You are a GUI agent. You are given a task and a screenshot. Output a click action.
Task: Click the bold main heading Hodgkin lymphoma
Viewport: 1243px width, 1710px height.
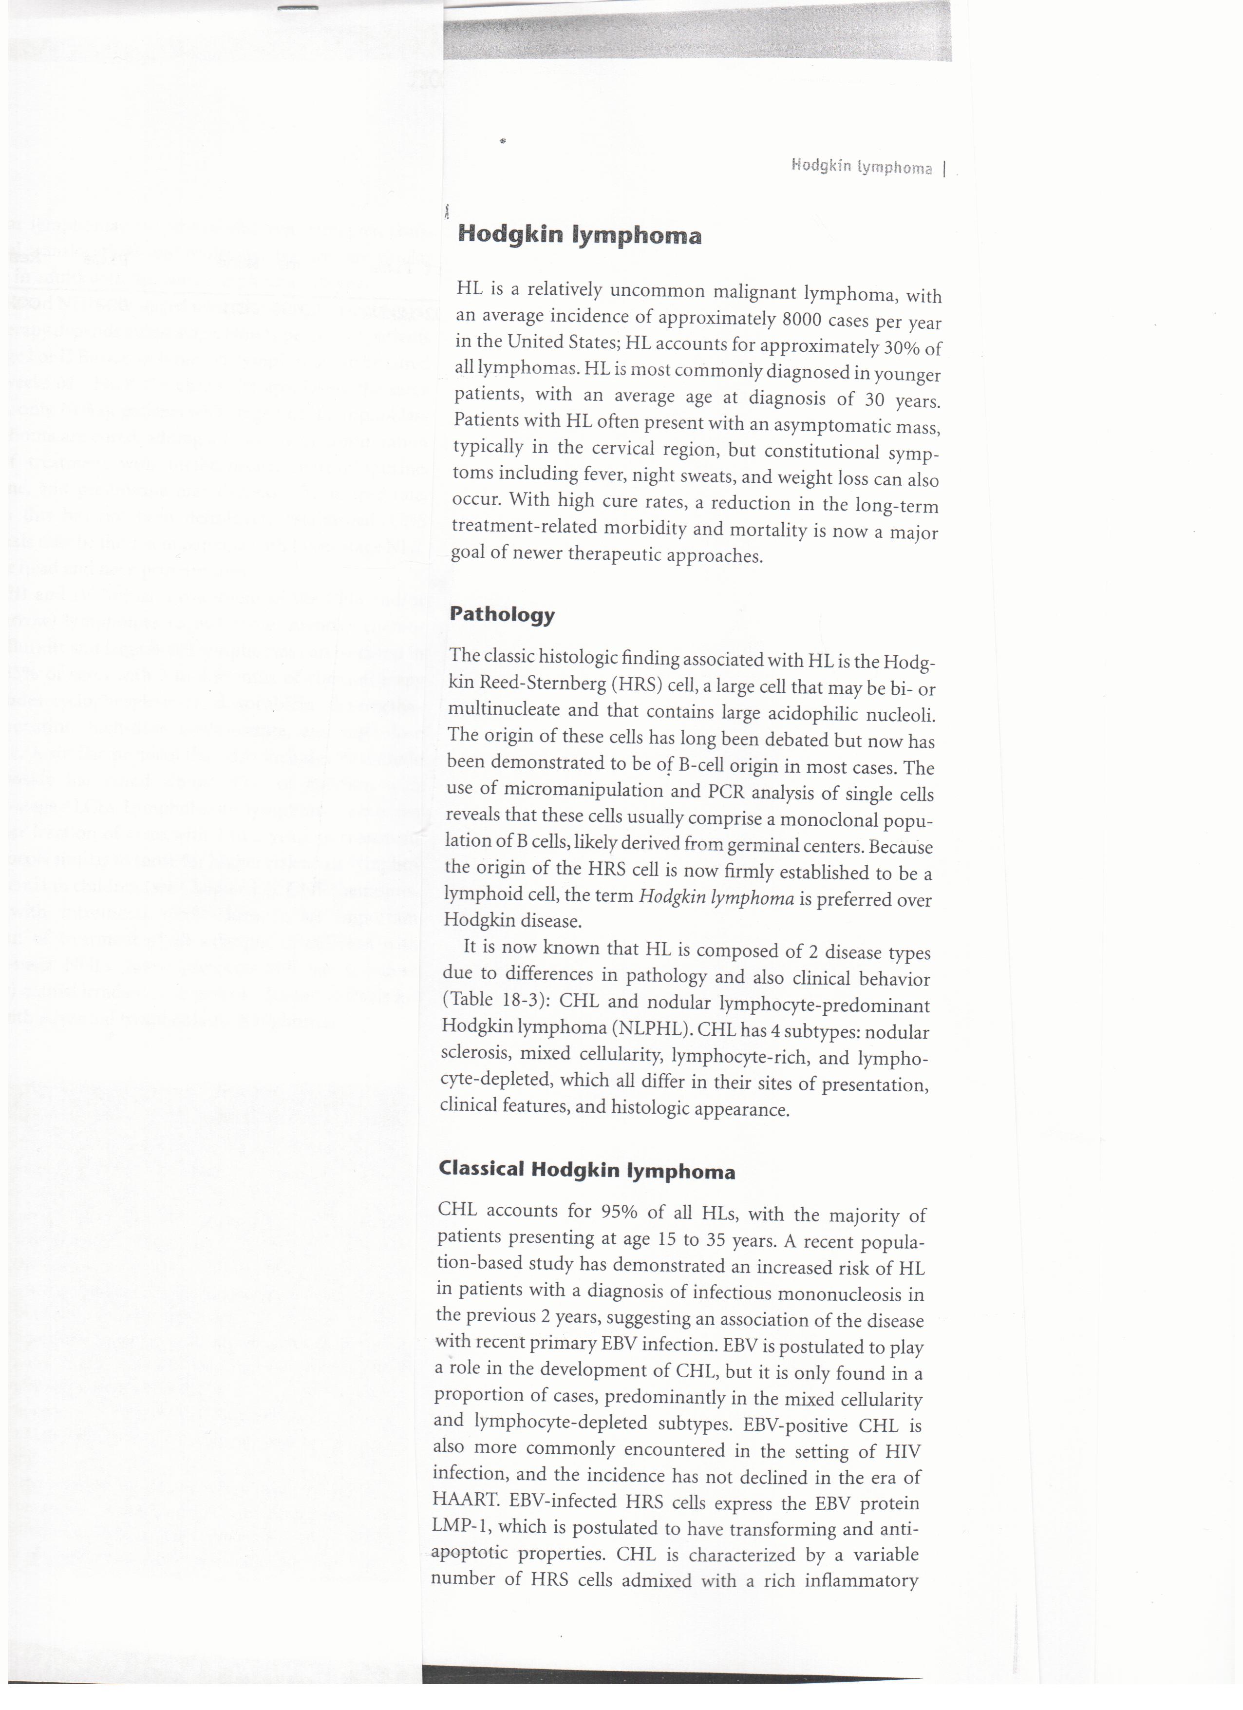(x=580, y=235)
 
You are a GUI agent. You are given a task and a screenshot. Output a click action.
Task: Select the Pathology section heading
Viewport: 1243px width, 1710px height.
(x=502, y=614)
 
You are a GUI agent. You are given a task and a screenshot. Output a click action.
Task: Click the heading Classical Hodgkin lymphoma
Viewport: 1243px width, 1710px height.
(x=586, y=1169)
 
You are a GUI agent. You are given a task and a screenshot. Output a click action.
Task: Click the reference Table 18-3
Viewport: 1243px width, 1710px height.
(x=491, y=1001)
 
